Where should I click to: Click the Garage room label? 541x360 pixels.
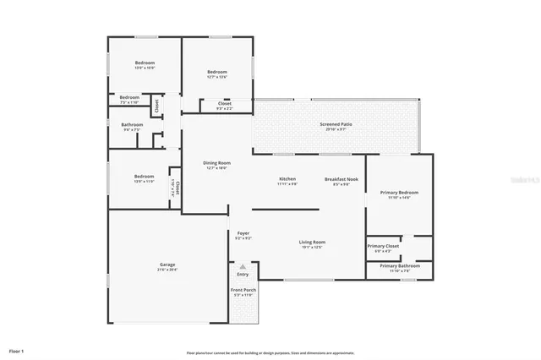click(167, 265)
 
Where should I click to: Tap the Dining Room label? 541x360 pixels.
click(217, 162)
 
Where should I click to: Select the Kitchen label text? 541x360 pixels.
click(288, 179)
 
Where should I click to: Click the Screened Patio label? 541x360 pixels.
click(336, 125)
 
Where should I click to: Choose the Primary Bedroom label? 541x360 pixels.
click(398, 193)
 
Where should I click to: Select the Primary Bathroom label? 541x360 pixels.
click(398, 266)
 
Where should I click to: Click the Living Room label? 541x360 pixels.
click(312, 243)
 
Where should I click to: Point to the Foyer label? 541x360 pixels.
click(243, 232)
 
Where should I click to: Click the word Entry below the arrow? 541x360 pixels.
click(243, 274)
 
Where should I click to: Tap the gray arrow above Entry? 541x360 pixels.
click(243, 266)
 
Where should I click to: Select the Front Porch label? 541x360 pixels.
click(243, 290)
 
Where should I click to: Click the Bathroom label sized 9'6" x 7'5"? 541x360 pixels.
click(133, 125)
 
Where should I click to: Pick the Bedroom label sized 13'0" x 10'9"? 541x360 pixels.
click(146, 63)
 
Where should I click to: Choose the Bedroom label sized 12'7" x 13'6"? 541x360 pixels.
click(217, 73)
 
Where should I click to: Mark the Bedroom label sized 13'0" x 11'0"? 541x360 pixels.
click(145, 177)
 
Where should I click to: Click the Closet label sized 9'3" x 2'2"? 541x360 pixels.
click(224, 105)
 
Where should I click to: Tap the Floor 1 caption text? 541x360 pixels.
click(17, 349)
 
